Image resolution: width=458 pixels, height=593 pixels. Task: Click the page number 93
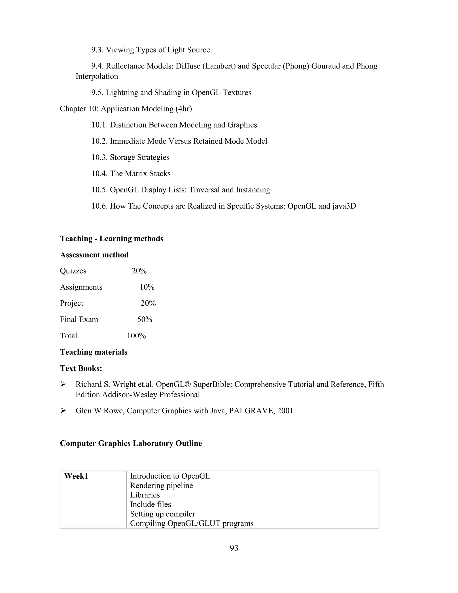(234, 548)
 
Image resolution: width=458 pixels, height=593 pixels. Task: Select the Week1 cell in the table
(76, 476)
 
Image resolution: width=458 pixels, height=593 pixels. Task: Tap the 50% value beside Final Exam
(145, 319)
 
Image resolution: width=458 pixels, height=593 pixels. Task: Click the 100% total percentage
(136, 336)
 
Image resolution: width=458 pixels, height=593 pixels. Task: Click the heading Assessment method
(94, 255)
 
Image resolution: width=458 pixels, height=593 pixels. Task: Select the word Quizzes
(73, 271)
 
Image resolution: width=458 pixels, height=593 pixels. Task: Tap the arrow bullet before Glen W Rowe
(63, 411)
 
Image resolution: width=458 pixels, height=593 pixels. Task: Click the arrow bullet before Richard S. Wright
(63, 384)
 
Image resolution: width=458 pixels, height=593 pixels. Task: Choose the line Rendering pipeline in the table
(161, 486)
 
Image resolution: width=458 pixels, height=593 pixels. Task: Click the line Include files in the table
(150, 504)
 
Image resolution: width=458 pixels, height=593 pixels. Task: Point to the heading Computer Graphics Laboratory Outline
(131, 443)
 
